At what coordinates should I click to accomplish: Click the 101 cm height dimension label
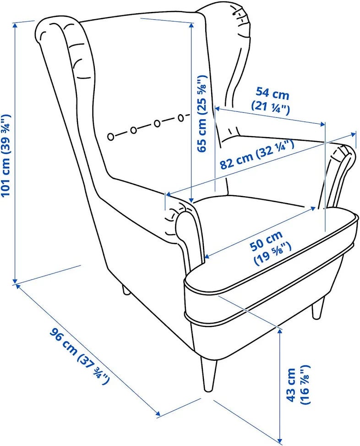pos(6,155)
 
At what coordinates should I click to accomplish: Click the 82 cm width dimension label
pos(256,155)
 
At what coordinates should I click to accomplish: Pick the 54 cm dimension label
pos(271,99)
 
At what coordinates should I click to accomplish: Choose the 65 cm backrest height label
pos(202,114)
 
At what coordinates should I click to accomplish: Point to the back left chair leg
pos(125,290)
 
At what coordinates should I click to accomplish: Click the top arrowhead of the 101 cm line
pos(15,25)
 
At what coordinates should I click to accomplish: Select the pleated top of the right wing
pos(240,20)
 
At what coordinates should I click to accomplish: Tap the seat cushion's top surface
pos(253,210)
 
